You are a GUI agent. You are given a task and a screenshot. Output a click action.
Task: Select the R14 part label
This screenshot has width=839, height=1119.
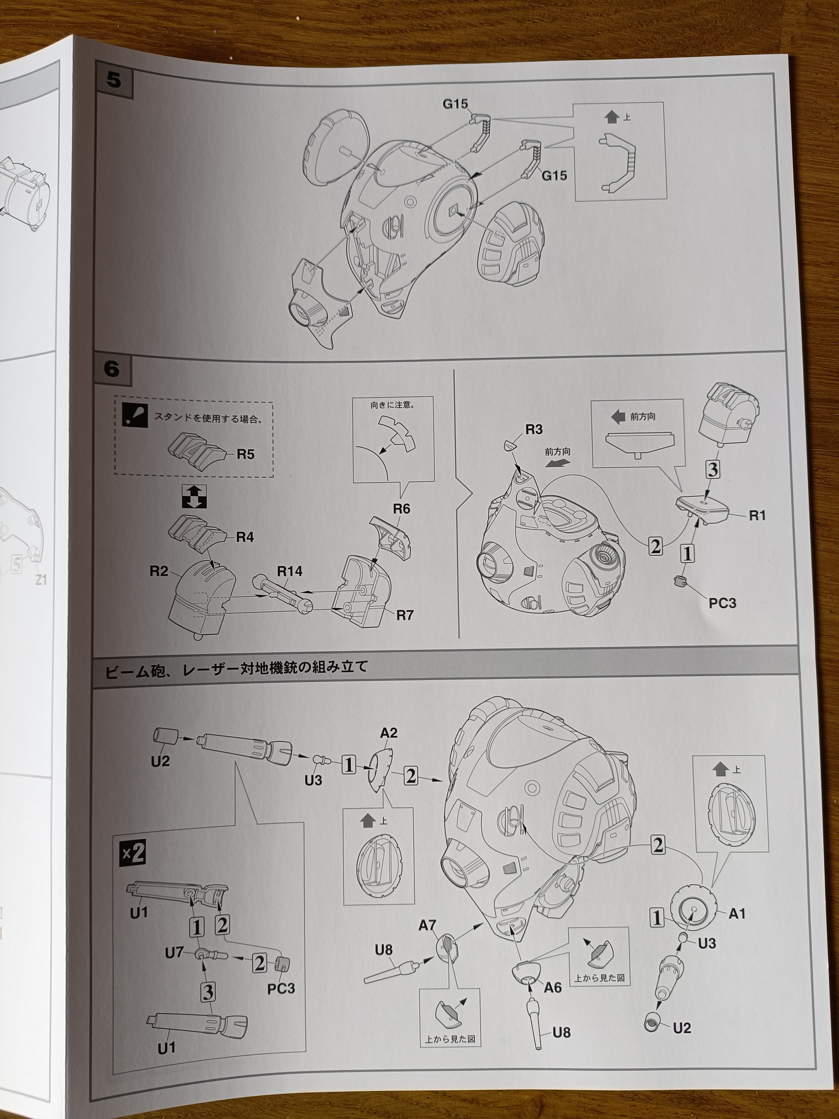click(290, 572)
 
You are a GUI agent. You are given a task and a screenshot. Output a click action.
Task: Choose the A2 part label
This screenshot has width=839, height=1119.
click(388, 733)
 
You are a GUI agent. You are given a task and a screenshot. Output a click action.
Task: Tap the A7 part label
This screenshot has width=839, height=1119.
click(427, 926)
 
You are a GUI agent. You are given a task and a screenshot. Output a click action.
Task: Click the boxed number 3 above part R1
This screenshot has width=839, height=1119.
click(712, 470)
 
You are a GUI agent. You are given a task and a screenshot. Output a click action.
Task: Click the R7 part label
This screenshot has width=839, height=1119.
click(405, 615)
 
